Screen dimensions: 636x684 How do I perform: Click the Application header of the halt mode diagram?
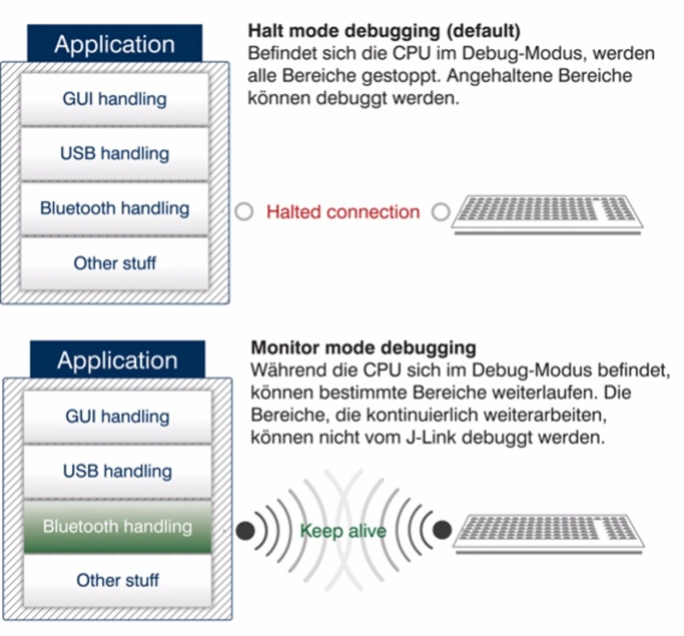[114, 44]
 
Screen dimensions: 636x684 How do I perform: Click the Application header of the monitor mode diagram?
[118, 360]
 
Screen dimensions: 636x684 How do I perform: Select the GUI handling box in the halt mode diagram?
[114, 99]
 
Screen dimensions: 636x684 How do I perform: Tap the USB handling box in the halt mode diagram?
[114, 153]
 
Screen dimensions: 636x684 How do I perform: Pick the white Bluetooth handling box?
[114, 208]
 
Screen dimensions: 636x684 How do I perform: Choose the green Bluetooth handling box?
[118, 526]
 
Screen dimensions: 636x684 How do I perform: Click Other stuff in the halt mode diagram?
[114, 263]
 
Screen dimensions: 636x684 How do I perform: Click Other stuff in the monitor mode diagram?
[118, 580]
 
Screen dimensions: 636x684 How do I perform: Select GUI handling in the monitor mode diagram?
[118, 416]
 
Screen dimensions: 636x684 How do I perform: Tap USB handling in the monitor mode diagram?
[118, 471]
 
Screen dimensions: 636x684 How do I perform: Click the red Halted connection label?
[343, 212]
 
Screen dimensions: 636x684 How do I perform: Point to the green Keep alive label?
[343, 531]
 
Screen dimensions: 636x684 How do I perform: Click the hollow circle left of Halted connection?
[244, 212]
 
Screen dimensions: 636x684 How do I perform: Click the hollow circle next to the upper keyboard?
[441, 212]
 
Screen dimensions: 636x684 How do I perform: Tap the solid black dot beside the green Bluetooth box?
[245, 531]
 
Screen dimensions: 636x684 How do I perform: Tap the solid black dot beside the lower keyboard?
[442, 530]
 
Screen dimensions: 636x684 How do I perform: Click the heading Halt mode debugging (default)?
[384, 31]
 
